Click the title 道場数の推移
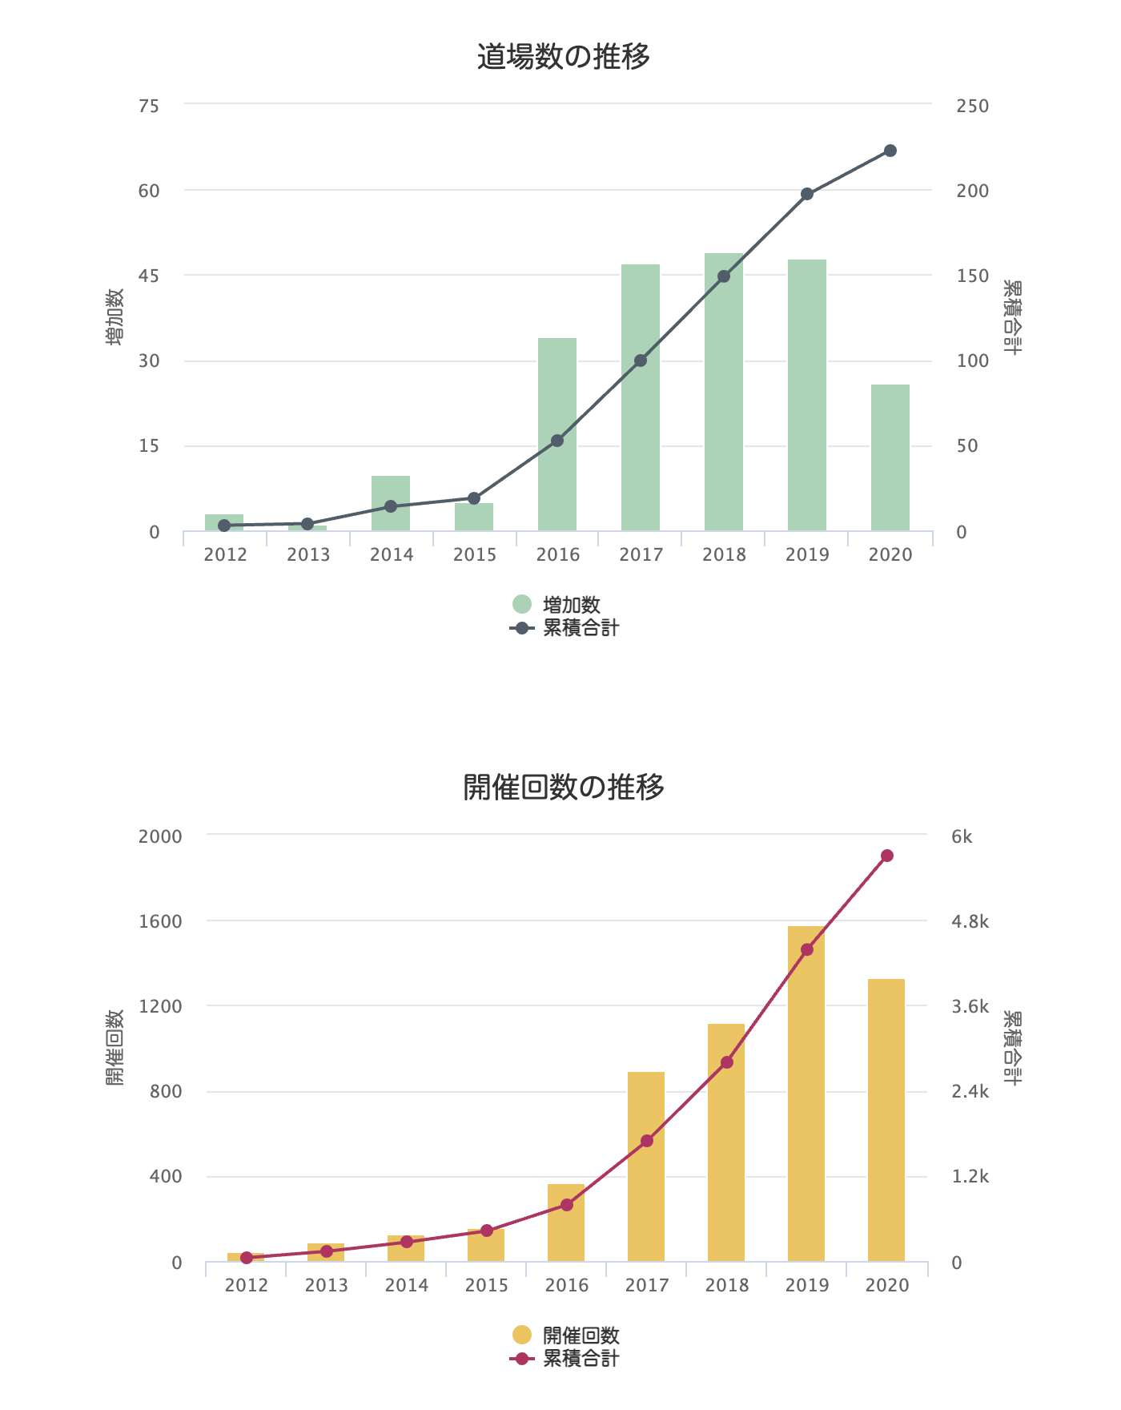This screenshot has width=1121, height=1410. (x=563, y=57)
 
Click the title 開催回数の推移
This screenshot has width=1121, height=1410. (x=563, y=787)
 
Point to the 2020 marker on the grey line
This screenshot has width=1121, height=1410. (x=890, y=151)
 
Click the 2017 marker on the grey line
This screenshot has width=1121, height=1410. (x=641, y=361)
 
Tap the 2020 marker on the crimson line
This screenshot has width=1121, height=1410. (x=887, y=856)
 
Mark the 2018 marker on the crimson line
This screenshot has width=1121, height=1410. (x=727, y=1062)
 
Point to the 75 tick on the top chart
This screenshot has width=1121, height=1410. (x=149, y=106)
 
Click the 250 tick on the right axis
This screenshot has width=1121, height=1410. (x=972, y=106)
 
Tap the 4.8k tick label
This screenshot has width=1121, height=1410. (x=970, y=921)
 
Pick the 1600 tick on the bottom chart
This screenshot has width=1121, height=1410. (x=160, y=921)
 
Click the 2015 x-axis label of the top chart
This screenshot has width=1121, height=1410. (x=475, y=554)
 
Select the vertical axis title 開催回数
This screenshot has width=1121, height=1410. (x=115, y=1047)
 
